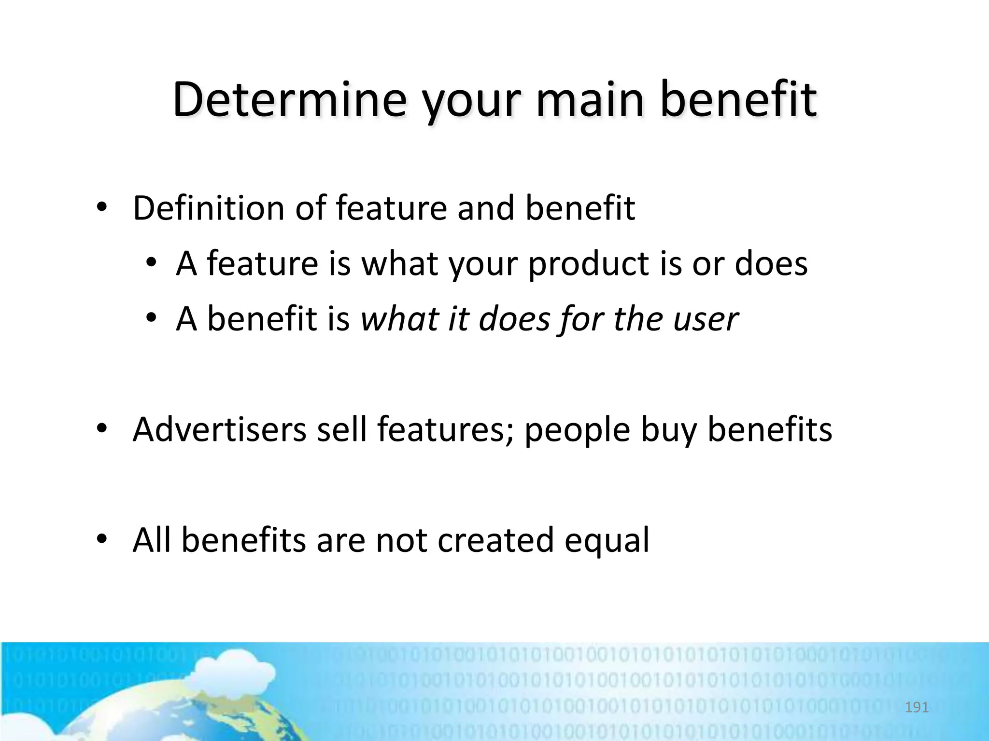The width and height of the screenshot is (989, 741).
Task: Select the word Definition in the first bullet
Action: click(208, 208)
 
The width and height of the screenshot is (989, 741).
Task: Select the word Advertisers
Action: click(219, 429)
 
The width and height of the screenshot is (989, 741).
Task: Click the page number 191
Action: click(916, 707)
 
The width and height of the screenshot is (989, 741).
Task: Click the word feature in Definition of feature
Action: click(391, 208)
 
